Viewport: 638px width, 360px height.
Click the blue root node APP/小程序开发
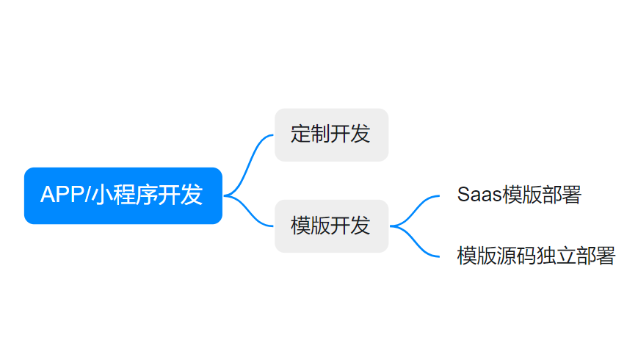coord(123,195)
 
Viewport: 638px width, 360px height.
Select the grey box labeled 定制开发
coord(332,134)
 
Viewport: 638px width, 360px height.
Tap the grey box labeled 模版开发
coord(332,226)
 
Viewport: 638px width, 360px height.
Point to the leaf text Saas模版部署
coord(519,195)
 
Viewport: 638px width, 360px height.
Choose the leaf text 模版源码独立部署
coord(536,256)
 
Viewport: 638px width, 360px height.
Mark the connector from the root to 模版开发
coord(248,212)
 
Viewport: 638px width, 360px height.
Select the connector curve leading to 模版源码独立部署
coord(414,242)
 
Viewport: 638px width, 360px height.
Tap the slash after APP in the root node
coord(87,194)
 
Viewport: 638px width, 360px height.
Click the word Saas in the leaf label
coord(479,195)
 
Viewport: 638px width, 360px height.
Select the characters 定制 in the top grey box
coord(311,134)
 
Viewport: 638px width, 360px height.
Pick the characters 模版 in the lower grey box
coord(311,226)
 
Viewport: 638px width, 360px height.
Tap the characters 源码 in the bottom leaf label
coord(516,256)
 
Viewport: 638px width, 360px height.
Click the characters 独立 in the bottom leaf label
coord(556,256)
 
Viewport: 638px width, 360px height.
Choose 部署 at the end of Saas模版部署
coord(562,195)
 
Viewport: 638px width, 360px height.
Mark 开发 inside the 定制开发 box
coord(350,134)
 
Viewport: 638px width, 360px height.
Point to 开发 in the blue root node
coord(181,195)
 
